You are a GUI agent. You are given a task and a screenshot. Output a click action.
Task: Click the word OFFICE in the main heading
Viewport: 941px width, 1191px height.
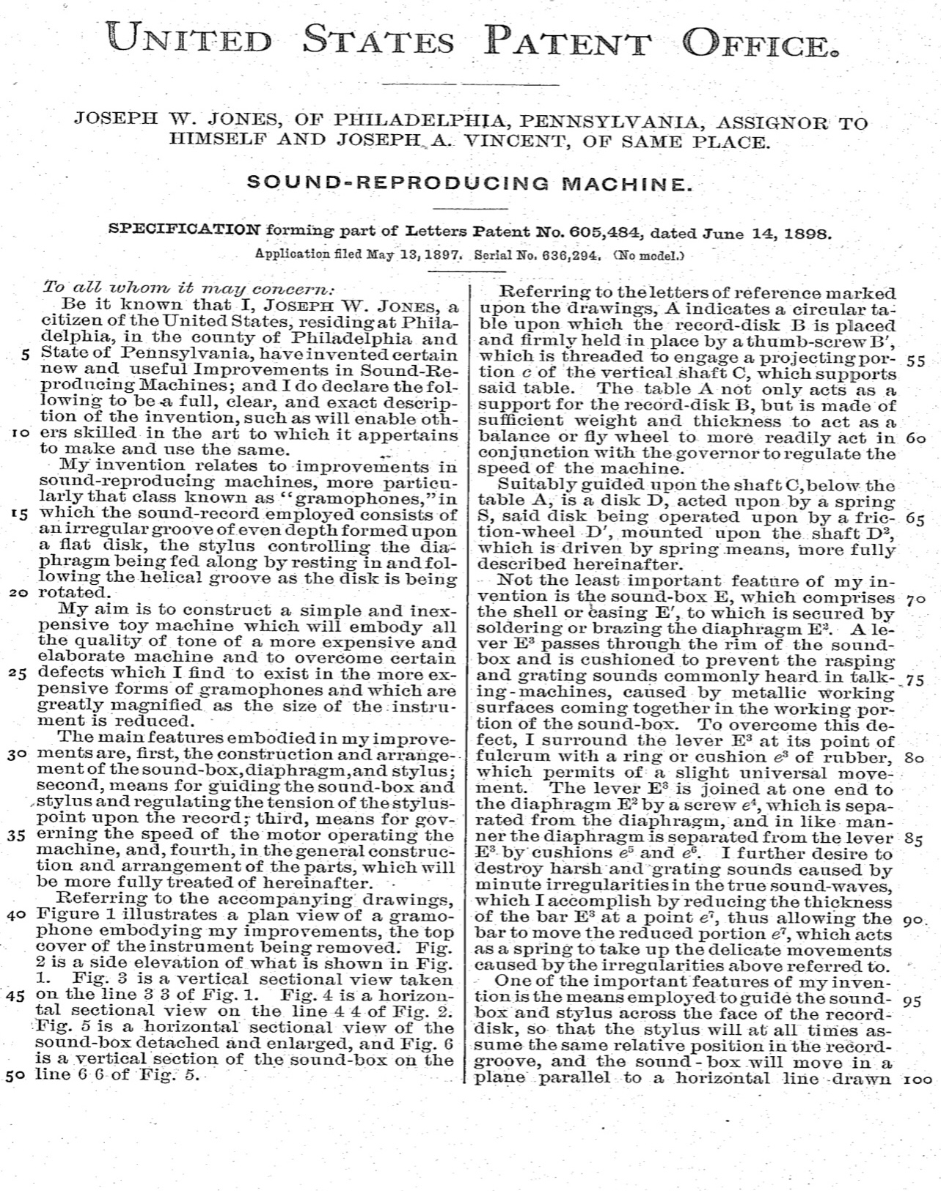[760, 41]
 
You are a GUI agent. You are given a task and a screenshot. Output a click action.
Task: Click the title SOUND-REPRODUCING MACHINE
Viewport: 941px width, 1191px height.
[470, 183]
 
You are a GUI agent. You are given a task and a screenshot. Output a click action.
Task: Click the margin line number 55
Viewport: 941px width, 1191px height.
[915, 361]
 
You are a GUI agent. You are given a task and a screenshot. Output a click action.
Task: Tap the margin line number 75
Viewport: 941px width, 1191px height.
[915, 680]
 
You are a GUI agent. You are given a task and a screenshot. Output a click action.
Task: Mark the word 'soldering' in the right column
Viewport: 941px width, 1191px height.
[516, 628]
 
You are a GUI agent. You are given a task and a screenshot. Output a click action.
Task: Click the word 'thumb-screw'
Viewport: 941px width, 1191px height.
[835, 340]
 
